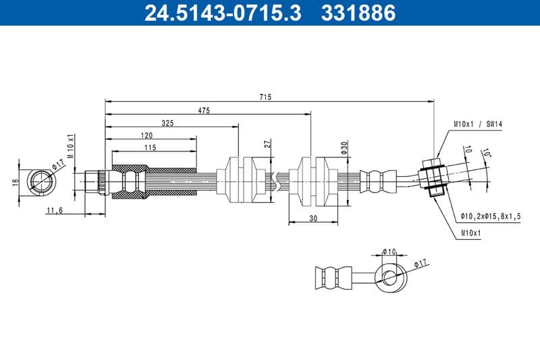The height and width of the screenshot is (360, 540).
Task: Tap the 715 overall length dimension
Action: coord(265,97)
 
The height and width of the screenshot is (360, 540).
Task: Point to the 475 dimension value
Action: coord(204,110)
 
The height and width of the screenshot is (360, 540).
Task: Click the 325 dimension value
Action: coord(169,123)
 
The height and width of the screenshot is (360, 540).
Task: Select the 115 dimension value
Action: coord(150,147)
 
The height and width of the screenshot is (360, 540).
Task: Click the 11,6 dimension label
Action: coord(55,211)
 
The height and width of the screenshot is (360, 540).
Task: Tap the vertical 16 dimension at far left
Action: coord(14,181)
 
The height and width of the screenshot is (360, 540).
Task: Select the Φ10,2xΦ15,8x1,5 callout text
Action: coord(491,216)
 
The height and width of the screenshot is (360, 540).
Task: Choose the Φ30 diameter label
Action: coord(344,148)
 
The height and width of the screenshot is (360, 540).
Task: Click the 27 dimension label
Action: coord(267,144)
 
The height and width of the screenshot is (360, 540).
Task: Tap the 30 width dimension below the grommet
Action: coord(313,217)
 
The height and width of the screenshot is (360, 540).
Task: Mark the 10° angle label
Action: coord(487,154)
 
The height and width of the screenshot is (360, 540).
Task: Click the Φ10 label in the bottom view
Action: coord(389,251)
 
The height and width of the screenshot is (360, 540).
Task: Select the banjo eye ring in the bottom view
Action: coord(391,276)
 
